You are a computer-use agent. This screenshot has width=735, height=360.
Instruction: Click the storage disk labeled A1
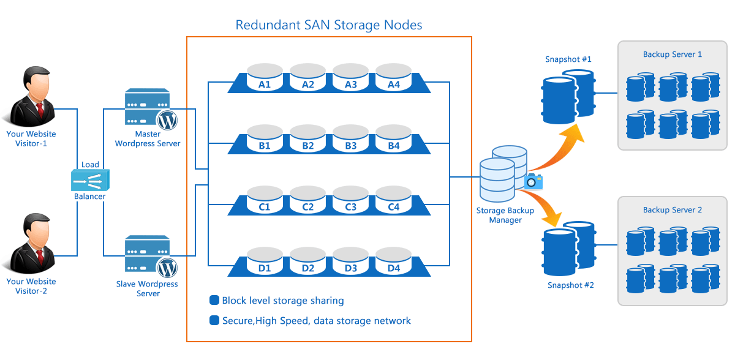(265, 78)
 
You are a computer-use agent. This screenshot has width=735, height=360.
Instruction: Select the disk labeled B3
(351, 139)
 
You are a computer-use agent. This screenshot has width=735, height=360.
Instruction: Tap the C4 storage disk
(394, 200)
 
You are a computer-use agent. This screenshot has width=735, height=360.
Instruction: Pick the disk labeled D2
(307, 261)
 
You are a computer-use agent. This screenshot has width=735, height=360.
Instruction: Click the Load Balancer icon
(90, 180)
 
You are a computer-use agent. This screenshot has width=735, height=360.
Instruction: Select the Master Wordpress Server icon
(147, 107)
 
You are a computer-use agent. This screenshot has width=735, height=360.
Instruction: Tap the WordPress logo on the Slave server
(167, 268)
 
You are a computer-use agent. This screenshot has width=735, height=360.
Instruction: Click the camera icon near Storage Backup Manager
(533, 181)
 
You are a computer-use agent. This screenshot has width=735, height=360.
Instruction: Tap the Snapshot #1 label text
(568, 59)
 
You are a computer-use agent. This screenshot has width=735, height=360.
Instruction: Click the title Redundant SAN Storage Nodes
(329, 25)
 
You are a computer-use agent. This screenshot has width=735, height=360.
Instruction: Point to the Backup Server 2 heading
(673, 210)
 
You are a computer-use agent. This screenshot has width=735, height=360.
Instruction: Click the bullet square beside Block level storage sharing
(214, 301)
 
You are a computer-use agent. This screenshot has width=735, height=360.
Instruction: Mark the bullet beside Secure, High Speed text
(214, 320)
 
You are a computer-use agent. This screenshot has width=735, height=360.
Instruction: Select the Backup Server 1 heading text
(673, 54)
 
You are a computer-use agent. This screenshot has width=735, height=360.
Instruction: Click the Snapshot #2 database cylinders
(568, 248)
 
